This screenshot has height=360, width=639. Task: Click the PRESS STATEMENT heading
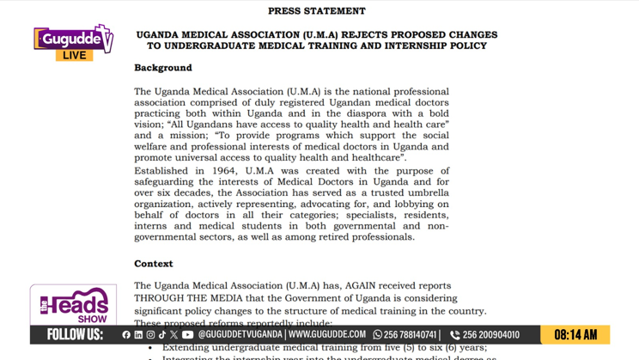tap(316, 11)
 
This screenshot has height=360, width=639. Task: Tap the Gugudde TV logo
tap(73, 39)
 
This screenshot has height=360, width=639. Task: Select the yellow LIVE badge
tap(75, 55)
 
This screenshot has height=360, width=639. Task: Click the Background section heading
tap(163, 68)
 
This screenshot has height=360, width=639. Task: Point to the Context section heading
tap(154, 264)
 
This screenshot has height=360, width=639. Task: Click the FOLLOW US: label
tap(75, 334)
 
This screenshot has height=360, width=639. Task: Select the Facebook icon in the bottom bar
tap(126, 335)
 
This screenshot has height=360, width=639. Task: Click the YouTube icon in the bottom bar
tap(187, 335)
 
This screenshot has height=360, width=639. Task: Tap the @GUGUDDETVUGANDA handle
tap(240, 335)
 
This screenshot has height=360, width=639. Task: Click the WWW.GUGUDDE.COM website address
tap(327, 335)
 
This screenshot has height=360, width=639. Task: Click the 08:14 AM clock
tap(575, 335)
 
